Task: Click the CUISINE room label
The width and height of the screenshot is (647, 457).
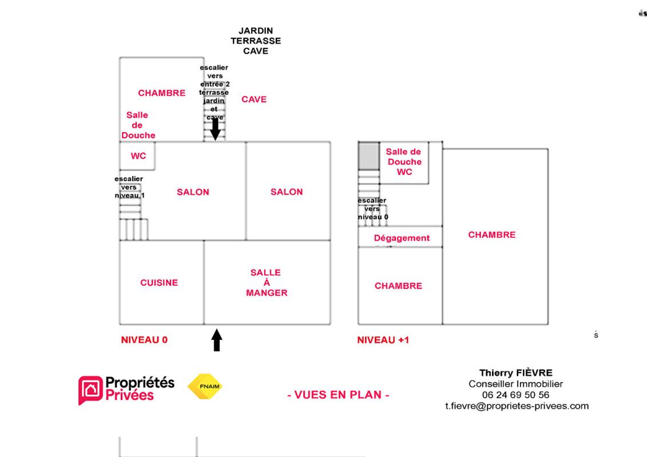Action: pos(159,283)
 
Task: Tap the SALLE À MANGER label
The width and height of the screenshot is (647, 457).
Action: pos(267,283)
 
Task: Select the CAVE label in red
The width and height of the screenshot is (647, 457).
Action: pos(254,99)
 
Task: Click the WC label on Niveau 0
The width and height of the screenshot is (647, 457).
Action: pos(138,156)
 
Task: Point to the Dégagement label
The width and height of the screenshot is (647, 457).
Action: pos(402,238)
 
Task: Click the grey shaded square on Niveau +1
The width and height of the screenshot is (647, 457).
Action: pos(369,156)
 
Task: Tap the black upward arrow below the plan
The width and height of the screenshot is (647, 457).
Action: pos(217,340)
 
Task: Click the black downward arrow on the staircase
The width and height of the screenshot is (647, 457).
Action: pos(215,129)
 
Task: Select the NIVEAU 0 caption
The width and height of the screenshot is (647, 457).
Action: pos(144,340)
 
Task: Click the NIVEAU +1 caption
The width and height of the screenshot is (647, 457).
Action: pos(383,340)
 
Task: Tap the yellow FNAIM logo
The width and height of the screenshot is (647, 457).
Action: pos(205,387)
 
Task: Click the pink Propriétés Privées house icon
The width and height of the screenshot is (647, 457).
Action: pos(90,390)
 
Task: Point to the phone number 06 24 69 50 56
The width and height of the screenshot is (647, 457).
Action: pos(516,395)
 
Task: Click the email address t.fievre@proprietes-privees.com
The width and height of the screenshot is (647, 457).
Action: pos(517,406)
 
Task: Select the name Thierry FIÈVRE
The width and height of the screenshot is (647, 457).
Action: pos(516,373)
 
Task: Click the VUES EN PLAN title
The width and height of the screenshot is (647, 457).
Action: pos(338,395)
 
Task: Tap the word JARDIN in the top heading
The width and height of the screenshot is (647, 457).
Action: pos(255,31)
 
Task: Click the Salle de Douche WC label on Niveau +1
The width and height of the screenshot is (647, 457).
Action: pos(403,162)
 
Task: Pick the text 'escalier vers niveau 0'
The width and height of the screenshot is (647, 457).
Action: pos(372,209)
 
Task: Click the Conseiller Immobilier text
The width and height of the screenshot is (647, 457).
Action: pos(516,384)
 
